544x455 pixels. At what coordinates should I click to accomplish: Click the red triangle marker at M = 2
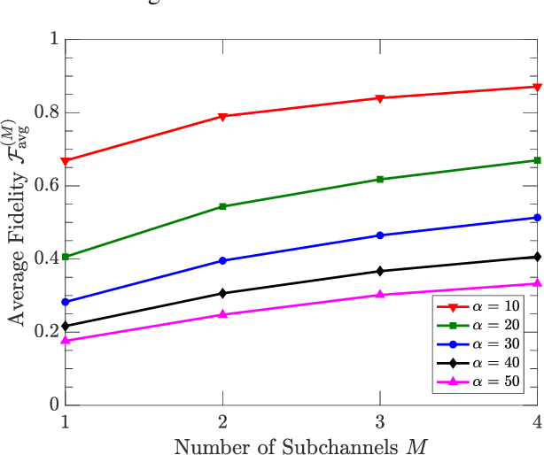click(222, 117)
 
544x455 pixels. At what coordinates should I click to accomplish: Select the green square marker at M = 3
click(380, 180)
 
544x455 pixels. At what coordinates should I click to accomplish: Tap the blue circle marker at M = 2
click(222, 261)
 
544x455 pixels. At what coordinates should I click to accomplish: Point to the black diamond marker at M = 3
click(380, 271)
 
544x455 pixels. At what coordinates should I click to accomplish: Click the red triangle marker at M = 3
click(380, 98)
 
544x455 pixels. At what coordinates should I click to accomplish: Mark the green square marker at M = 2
click(222, 206)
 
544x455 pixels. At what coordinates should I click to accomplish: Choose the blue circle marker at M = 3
click(380, 235)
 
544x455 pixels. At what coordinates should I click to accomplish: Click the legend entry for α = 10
click(479, 306)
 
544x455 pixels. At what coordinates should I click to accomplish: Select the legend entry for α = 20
click(479, 325)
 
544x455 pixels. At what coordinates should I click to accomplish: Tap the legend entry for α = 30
click(479, 344)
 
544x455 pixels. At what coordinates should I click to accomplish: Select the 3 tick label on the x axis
click(380, 422)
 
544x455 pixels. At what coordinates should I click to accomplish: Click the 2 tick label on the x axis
click(222, 422)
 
